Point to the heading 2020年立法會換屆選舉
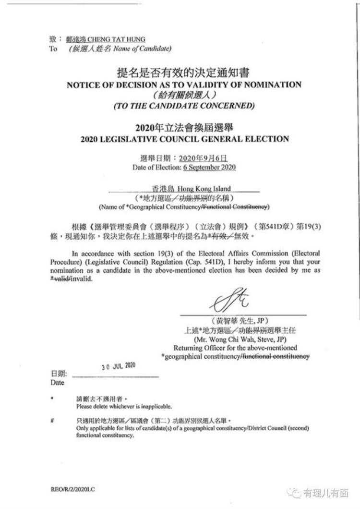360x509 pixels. (x=184, y=127)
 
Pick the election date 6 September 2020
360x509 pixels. (x=209, y=168)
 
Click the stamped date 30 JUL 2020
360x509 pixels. (x=118, y=366)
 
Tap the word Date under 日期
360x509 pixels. (x=57, y=383)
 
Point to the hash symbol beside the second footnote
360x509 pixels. (x=52, y=420)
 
